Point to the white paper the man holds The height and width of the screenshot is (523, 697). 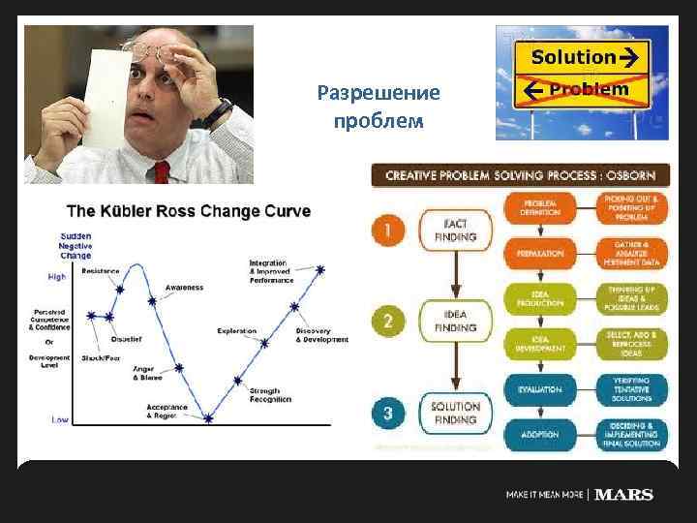pos(107,97)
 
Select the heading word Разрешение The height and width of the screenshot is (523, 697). pos(378,94)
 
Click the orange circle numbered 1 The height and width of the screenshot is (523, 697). pos(387,230)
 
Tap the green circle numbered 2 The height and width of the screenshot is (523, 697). pos(387,321)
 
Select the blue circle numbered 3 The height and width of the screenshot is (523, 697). pos(387,414)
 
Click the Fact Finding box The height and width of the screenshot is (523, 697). pos(455,230)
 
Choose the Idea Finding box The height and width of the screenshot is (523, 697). pos(455,321)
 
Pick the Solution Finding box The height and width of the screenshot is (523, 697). pos(455,414)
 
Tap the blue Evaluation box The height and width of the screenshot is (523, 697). pos(539,389)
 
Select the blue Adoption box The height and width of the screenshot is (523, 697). pos(539,436)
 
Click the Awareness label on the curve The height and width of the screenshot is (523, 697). pos(183,287)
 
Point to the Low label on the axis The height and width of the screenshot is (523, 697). pos(59,419)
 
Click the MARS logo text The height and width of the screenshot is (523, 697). pos(623,494)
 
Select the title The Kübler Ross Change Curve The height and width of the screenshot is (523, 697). pos(188,212)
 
